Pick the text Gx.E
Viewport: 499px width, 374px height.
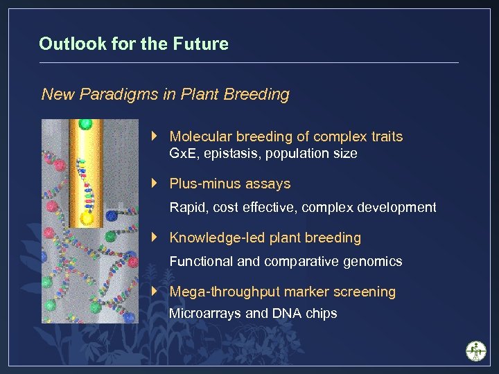pos(184,154)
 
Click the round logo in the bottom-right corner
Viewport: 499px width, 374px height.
pos(476,351)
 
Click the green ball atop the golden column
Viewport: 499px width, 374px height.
pos(85,125)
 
